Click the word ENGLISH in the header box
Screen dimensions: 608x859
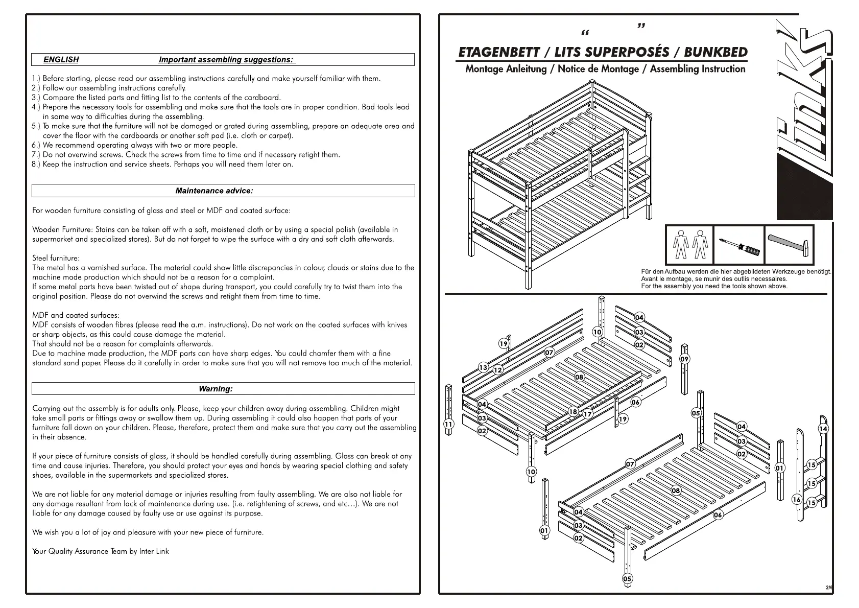(x=61, y=60)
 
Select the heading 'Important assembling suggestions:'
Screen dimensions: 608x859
(x=226, y=60)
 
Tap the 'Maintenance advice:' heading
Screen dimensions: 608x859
(x=214, y=191)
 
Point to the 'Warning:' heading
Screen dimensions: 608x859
(x=216, y=389)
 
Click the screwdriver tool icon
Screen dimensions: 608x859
(x=739, y=246)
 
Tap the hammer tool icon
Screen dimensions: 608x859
(x=789, y=245)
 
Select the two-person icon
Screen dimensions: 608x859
(x=689, y=245)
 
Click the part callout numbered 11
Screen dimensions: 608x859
(x=448, y=424)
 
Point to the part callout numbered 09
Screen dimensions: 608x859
(x=684, y=359)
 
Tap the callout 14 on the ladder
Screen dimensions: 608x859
(x=823, y=429)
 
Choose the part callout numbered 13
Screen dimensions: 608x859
(x=483, y=367)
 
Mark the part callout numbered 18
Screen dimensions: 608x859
(x=573, y=411)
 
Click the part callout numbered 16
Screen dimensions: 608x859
(x=796, y=499)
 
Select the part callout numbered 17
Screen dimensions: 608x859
(x=588, y=414)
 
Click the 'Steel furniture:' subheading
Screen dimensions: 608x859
(x=56, y=258)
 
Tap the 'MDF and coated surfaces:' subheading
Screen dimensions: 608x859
(x=76, y=315)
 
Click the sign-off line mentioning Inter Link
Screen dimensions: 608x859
(x=101, y=551)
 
